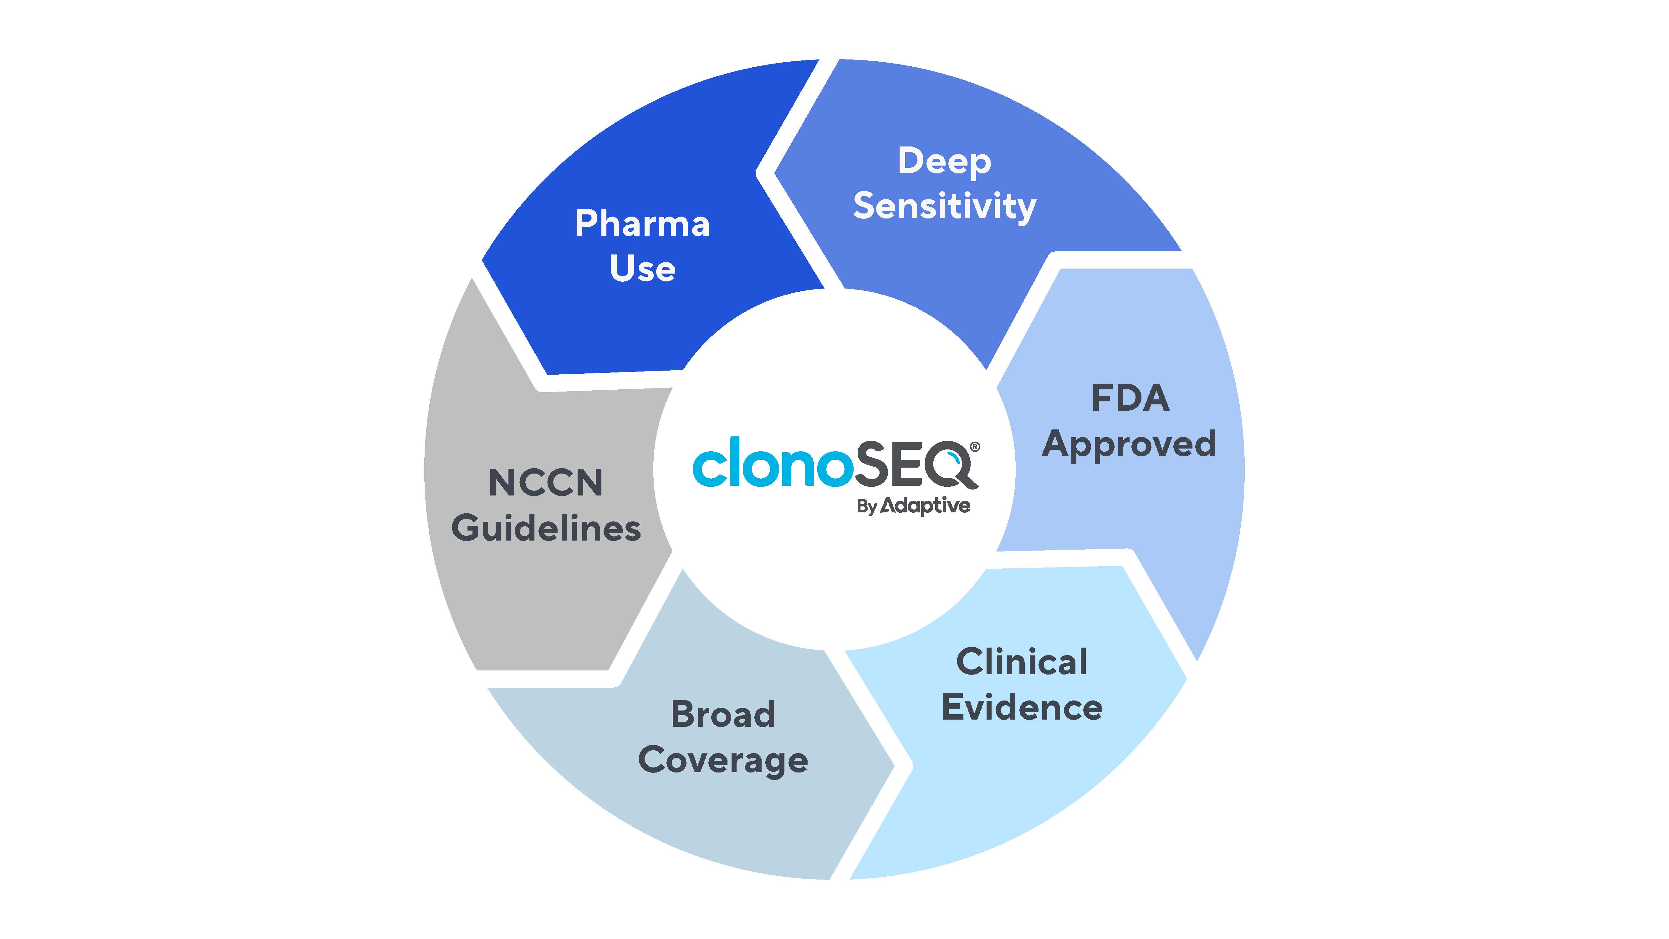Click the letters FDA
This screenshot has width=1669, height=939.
1131,398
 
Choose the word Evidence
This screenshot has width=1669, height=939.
1022,707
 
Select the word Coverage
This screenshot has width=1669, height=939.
723,761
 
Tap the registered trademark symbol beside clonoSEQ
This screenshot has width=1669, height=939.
975,447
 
